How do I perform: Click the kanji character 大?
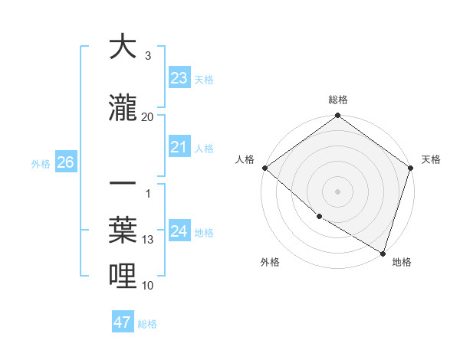[x=123, y=47]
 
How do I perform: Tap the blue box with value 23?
[x=179, y=77]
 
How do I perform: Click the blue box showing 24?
[x=179, y=231]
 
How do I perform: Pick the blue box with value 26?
[x=65, y=162]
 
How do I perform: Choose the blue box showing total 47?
[x=123, y=322]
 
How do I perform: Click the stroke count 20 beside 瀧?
[x=148, y=116]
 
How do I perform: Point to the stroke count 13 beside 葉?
[x=148, y=240]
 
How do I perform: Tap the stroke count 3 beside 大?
[x=148, y=55]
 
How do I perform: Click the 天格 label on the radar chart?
[x=431, y=159]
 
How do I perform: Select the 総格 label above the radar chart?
[x=338, y=100]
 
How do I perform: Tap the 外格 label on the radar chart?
[x=270, y=262]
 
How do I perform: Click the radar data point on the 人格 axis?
[x=264, y=168]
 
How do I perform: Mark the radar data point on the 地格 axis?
[x=383, y=252]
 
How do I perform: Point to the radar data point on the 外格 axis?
[x=318, y=217]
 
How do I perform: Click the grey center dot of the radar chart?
[x=338, y=191]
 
